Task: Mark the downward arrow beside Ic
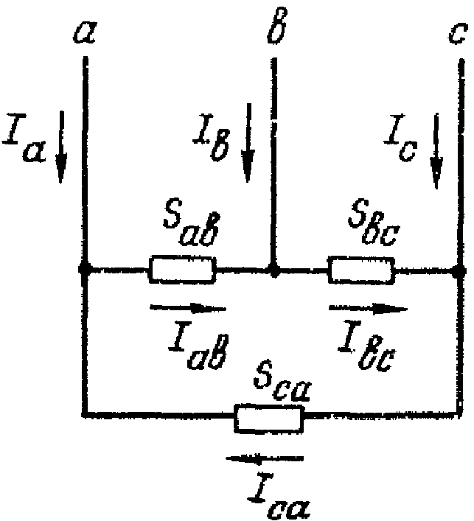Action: tap(438, 150)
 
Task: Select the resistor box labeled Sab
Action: tap(183, 270)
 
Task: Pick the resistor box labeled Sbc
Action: tap(362, 270)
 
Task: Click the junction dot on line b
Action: tap(274, 270)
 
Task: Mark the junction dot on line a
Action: tap(85, 270)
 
